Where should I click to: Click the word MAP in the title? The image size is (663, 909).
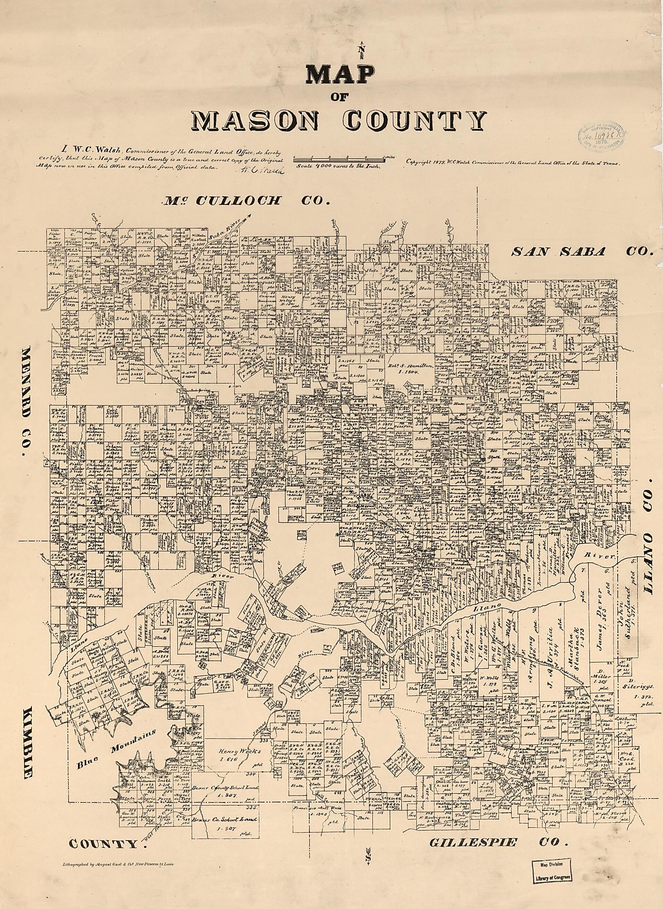click(x=340, y=74)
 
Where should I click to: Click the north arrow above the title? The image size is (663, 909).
click(x=362, y=50)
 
